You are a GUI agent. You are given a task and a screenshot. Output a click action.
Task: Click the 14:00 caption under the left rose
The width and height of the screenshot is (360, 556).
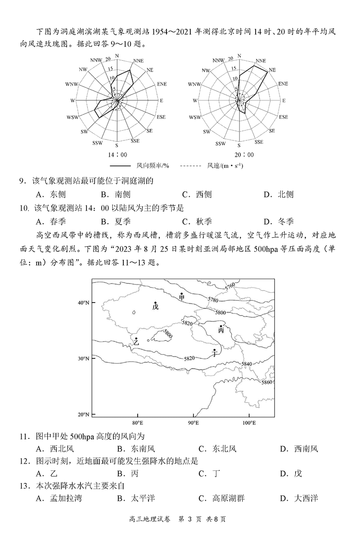click(117, 154)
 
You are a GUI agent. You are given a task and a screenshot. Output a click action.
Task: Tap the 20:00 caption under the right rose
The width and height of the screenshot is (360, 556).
click(239, 154)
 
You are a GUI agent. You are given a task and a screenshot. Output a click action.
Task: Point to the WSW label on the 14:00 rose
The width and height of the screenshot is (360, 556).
click(72, 117)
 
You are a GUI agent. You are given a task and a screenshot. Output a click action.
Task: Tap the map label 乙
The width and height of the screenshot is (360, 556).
click(136, 342)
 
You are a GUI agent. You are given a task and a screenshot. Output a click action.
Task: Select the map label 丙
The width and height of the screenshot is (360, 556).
click(221, 330)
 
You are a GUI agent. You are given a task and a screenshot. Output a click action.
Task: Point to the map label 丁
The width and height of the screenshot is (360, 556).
click(215, 353)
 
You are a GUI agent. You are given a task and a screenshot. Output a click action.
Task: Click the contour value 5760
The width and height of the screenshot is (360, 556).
click(230, 286)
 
